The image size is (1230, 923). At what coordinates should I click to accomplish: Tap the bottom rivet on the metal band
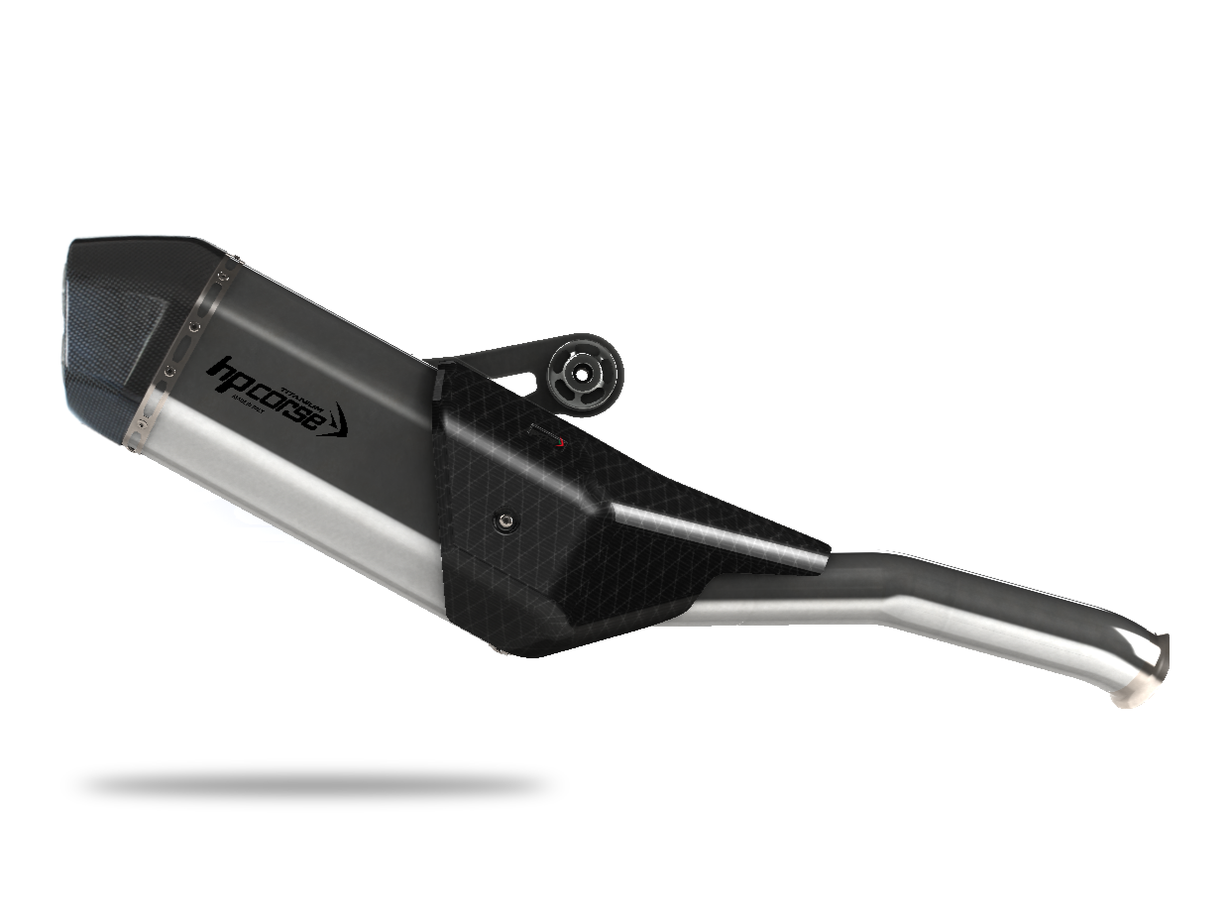coord(140,424)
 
